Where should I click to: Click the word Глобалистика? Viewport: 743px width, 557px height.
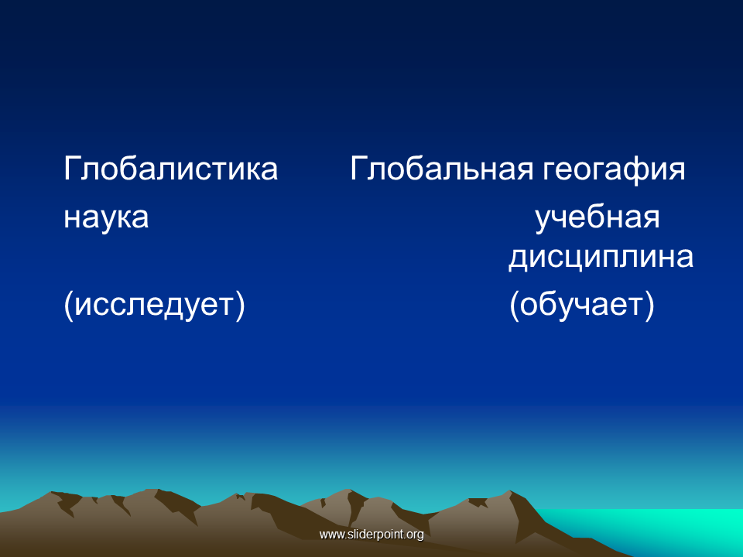[170, 169]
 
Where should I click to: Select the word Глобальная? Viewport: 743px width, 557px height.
[442, 169]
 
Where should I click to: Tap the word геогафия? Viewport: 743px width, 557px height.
[614, 170]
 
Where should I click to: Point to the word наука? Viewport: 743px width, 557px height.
[106, 218]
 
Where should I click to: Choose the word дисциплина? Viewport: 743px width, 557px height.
[601, 258]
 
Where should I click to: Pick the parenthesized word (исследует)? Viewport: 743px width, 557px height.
[155, 305]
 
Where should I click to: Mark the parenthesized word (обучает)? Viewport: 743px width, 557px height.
[582, 305]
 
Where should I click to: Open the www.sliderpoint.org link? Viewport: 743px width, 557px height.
[371, 535]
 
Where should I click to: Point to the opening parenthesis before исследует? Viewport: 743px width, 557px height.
[68, 306]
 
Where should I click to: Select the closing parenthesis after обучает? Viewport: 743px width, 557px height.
[649, 306]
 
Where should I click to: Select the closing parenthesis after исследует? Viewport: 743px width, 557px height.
[240, 306]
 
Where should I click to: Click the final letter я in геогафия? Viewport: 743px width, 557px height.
[676, 171]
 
